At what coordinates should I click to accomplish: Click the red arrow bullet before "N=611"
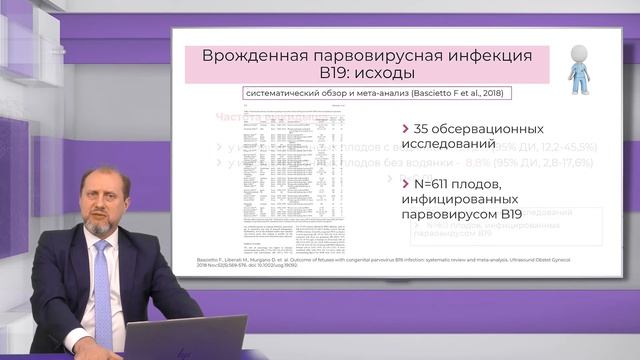click(x=403, y=185)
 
